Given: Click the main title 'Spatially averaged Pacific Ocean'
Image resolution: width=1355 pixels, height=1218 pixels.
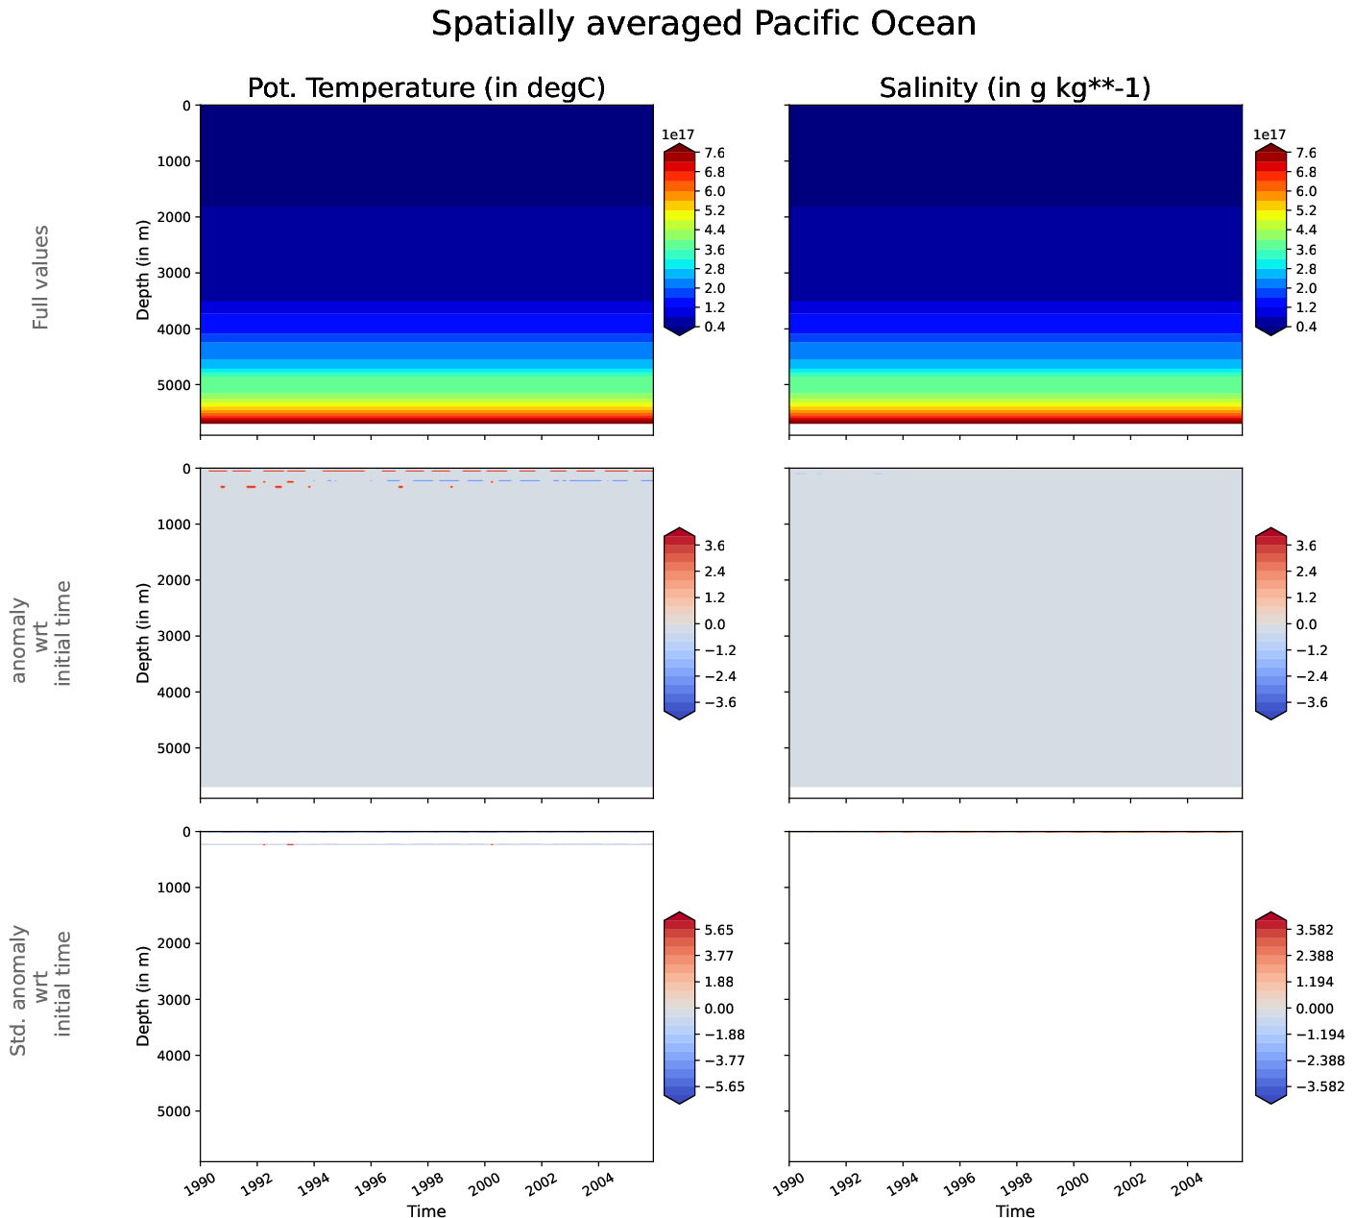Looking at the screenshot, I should coord(703,24).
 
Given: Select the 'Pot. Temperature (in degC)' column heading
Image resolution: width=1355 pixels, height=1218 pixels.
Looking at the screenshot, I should coord(426,88).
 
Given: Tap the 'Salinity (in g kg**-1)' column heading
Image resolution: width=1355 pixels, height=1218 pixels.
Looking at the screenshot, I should coord(1015,88).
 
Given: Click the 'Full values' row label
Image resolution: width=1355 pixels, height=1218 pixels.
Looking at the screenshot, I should coord(40,278).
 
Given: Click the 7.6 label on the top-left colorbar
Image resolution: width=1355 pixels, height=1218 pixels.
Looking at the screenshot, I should coord(715,153).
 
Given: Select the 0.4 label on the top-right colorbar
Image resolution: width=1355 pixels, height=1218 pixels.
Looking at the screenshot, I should coord(1306,327).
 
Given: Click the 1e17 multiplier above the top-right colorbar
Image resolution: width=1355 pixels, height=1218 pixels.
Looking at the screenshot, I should coord(1270,134).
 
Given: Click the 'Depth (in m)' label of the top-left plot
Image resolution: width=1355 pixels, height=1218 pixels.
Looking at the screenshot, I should coord(143,268).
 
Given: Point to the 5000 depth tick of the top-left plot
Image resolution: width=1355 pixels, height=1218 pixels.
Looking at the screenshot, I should coord(173,385).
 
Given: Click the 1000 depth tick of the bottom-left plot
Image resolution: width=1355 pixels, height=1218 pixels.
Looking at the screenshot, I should coord(173,888).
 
